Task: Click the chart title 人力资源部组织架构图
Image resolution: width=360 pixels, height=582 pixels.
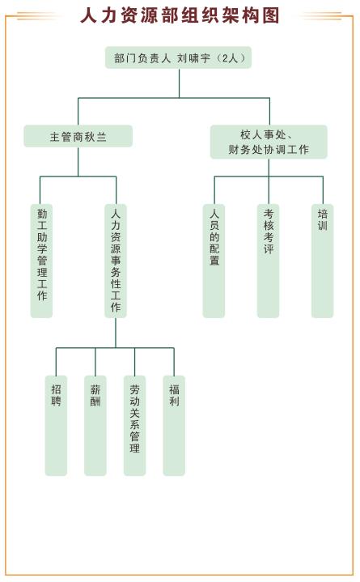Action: click(180, 15)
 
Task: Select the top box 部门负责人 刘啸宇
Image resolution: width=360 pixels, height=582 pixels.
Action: click(179, 57)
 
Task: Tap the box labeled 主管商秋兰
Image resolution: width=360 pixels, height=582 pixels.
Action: click(78, 136)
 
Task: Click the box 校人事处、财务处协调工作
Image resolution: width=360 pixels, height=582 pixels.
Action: click(269, 142)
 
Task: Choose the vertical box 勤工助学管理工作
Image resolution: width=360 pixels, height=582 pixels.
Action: click(41, 261)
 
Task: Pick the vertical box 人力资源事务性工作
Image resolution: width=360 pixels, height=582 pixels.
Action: click(116, 261)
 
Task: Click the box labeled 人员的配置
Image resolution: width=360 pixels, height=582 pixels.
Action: click(214, 261)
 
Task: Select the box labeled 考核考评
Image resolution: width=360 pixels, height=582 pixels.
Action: click(269, 261)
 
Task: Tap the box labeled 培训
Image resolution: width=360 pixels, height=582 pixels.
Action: click(323, 261)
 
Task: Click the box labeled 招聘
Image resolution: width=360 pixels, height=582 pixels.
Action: click(56, 426)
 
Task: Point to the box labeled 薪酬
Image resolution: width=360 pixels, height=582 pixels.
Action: click(95, 426)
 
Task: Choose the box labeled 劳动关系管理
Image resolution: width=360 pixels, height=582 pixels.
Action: click(135, 426)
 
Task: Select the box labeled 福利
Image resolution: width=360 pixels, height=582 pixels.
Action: click(174, 426)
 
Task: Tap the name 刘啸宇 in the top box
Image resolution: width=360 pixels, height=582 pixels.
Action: click(193, 58)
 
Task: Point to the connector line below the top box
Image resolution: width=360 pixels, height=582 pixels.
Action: click(180, 83)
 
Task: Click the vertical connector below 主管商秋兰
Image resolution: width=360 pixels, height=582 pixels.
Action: click(78, 162)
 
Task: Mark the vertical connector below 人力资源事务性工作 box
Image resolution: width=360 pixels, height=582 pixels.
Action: click(116, 333)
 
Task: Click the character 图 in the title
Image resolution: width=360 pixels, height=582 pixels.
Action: click(270, 15)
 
